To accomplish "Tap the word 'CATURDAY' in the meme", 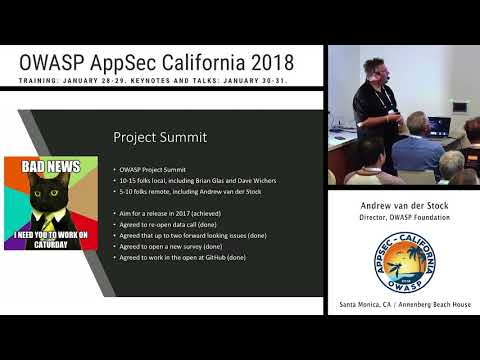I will (50, 243).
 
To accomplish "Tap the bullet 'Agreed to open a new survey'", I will (171, 248).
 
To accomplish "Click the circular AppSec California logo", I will (405, 262).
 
